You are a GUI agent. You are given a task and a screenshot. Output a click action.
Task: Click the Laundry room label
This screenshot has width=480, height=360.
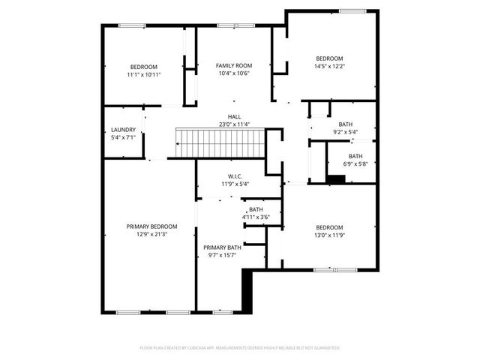pos(123,130)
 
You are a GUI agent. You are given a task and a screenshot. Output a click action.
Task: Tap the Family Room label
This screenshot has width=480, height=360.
pos(234,65)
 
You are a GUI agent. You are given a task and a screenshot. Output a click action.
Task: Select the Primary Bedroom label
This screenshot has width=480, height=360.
pos(151,226)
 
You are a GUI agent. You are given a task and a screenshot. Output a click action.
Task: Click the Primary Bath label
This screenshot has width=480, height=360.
pos(222,247)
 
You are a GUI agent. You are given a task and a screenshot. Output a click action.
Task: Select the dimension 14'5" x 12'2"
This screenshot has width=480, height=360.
pos(329,67)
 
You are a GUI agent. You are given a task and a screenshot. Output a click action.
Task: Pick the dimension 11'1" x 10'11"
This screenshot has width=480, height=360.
pos(144,74)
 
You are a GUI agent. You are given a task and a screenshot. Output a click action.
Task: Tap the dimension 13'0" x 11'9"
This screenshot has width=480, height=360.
pos(328,235)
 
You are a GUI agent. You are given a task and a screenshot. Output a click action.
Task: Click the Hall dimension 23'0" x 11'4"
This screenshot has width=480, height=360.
pos(235,124)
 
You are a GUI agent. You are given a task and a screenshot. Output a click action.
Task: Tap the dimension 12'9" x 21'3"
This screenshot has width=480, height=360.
pos(151,234)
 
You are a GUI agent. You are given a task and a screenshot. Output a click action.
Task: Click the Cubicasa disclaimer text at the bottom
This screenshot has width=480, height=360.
pos(240,347)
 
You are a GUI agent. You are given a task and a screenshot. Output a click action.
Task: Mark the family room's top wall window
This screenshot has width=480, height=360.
pos(235,26)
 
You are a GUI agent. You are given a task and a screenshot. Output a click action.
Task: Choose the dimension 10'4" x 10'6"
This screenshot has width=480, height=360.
pos(234,73)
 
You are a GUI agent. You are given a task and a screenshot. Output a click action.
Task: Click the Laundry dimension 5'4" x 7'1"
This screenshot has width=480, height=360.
pos(123,138)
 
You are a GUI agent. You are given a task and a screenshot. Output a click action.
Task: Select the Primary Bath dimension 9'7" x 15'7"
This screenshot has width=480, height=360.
pos(222,255)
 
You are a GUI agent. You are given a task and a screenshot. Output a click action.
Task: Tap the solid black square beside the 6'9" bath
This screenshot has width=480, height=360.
pos(337,178)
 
